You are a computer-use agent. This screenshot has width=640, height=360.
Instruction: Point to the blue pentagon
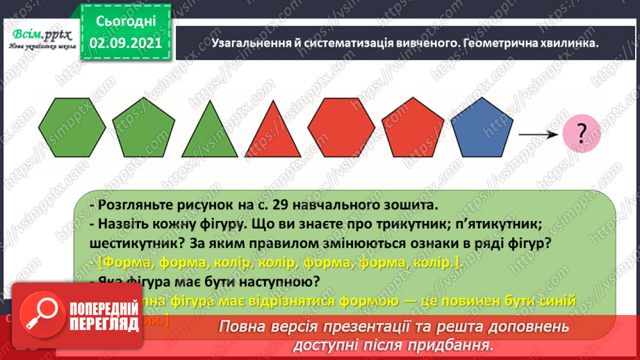(x=482, y=131)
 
